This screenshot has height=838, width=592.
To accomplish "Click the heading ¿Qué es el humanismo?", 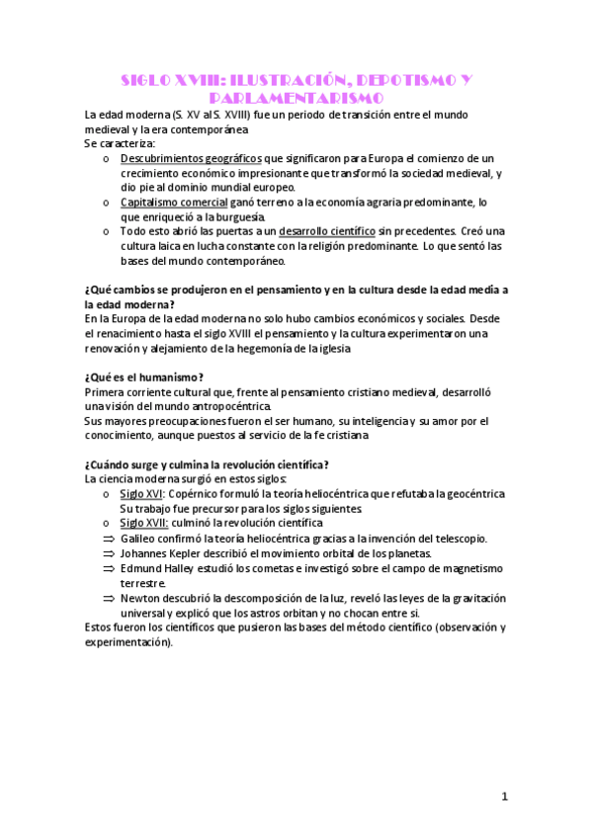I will [144, 377].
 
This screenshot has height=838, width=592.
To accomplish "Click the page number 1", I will [504, 796].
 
